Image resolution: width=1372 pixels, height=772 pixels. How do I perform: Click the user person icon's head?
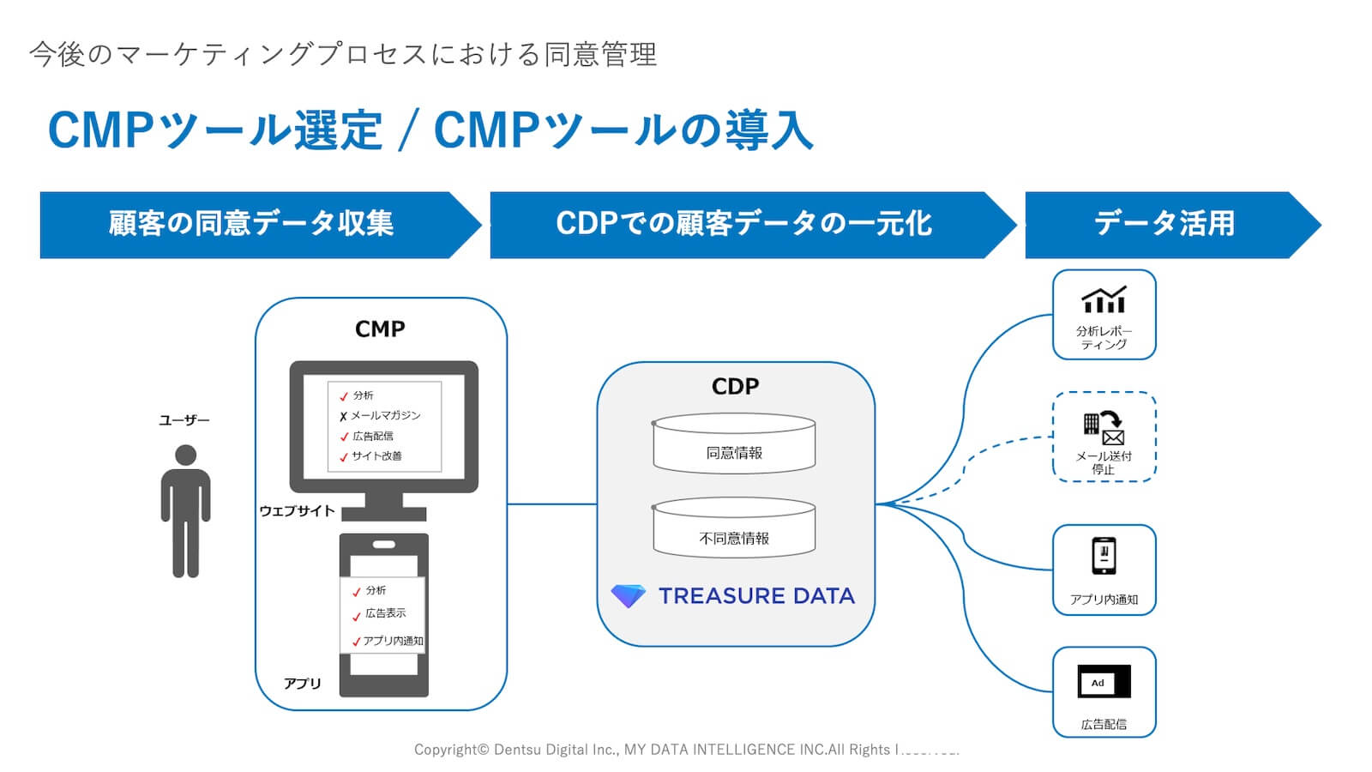(x=185, y=455)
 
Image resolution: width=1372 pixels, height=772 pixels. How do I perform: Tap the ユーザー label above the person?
(x=184, y=420)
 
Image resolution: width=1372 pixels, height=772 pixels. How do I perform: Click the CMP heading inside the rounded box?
(x=380, y=329)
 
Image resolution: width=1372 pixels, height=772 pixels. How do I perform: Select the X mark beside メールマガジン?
(x=343, y=417)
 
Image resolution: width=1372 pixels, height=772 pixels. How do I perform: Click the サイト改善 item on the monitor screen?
(x=376, y=456)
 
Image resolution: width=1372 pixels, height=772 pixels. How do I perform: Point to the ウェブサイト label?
(x=297, y=511)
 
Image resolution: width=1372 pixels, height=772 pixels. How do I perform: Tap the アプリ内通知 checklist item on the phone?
(x=392, y=641)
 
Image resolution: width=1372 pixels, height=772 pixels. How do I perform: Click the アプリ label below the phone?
(x=302, y=684)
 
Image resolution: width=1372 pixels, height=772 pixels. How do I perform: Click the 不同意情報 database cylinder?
(x=734, y=530)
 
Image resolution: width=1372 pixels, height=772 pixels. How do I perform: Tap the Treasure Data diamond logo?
(x=628, y=596)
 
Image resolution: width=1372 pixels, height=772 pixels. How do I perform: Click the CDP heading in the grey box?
(x=735, y=387)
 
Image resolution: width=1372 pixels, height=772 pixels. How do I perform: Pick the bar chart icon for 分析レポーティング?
(x=1104, y=300)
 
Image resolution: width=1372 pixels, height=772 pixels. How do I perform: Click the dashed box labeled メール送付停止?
(x=1104, y=437)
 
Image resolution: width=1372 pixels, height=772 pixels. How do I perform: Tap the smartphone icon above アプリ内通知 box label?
(x=1104, y=555)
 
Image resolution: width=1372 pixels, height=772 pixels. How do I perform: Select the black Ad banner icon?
(x=1104, y=682)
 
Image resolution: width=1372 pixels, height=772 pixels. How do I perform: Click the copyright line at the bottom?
(x=686, y=750)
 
